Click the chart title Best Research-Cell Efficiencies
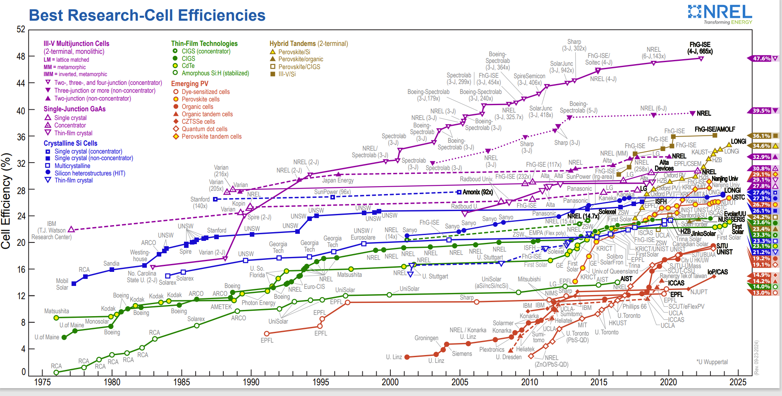point(147,15)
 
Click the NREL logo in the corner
point(720,14)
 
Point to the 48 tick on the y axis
point(21,56)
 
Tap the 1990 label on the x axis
point(251,382)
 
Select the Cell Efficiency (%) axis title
point(6,201)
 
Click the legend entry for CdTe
point(188,66)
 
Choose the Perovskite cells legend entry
point(201,99)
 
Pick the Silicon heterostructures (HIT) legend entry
point(90,173)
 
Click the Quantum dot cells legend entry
point(204,129)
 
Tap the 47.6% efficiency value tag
point(762,59)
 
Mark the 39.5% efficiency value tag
point(762,111)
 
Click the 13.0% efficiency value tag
point(761,293)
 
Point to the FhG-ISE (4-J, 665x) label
point(700,48)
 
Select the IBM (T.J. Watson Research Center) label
point(52,230)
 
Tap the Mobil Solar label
point(62,284)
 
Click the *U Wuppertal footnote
point(712,362)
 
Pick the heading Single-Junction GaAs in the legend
point(74,109)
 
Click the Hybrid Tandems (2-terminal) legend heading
point(308,43)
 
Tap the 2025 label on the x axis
point(738,382)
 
